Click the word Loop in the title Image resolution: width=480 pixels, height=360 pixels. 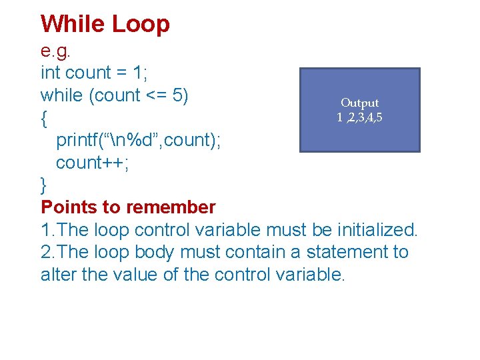point(141,24)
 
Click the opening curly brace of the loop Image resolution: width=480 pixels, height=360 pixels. point(43,119)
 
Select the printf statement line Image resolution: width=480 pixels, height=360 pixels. point(139,141)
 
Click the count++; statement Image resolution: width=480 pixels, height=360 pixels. point(93,163)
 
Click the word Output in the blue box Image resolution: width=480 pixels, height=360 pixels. point(359,103)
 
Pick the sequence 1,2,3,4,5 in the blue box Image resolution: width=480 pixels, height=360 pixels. point(359,117)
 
